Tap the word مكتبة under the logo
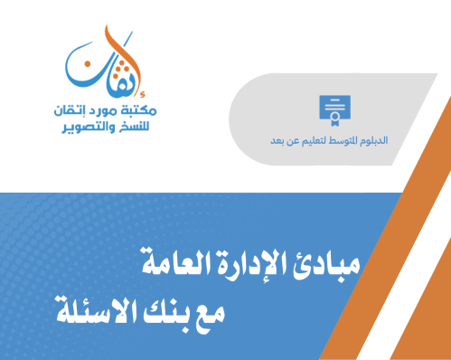[x=138, y=110]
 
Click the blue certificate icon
[x=334, y=108]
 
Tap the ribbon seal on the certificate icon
[x=341, y=115]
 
